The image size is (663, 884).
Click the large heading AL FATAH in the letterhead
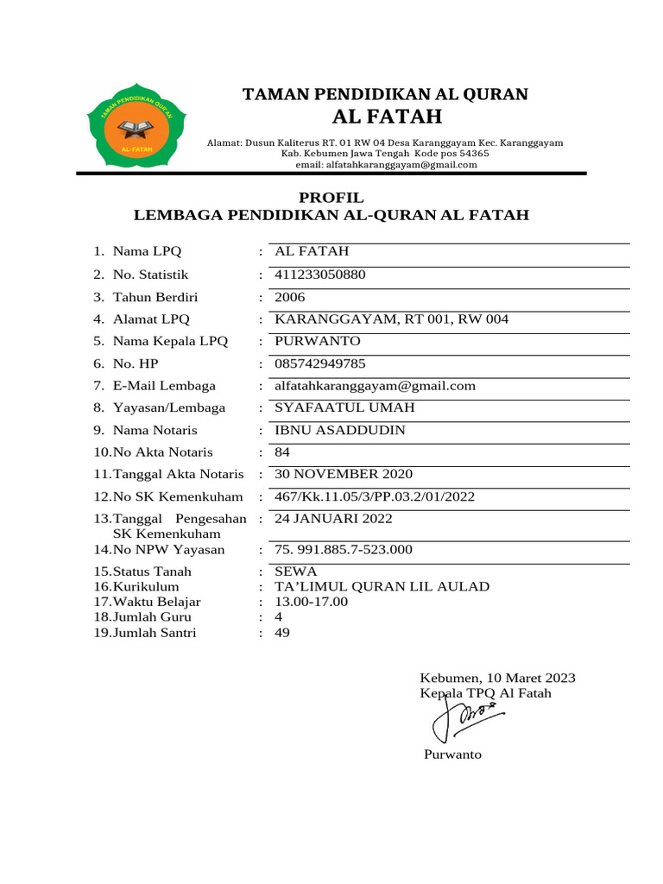(386, 117)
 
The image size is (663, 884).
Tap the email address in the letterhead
(386, 165)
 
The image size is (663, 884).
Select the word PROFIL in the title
(331, 198)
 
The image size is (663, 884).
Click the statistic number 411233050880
(319, 275)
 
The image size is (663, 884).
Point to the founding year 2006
(290, 297)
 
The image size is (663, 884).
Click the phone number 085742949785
(319, 363)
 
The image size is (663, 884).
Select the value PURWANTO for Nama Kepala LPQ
(317, 341)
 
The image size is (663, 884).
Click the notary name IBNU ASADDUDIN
(339, 430)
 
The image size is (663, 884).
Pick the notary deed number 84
(282, 452)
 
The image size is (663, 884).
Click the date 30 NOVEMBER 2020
(343, 474)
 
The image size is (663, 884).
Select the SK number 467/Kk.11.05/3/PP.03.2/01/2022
(374, 496)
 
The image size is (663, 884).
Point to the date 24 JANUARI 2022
(333, 519)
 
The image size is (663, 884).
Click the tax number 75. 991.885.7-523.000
(343, 550)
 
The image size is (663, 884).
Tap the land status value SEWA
(295, 571)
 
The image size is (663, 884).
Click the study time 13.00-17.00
(311, 602)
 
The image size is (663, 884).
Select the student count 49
(282, 633)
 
